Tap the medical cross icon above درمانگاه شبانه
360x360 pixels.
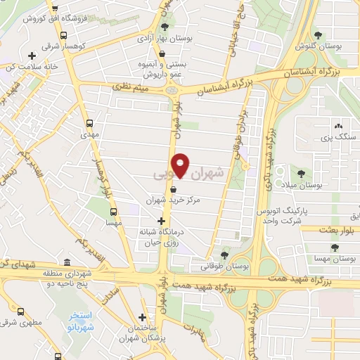[161, 220]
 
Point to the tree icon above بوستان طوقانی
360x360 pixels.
[225, 255]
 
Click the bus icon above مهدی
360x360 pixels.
[89, 120]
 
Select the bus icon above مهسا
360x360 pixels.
[113, 211]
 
